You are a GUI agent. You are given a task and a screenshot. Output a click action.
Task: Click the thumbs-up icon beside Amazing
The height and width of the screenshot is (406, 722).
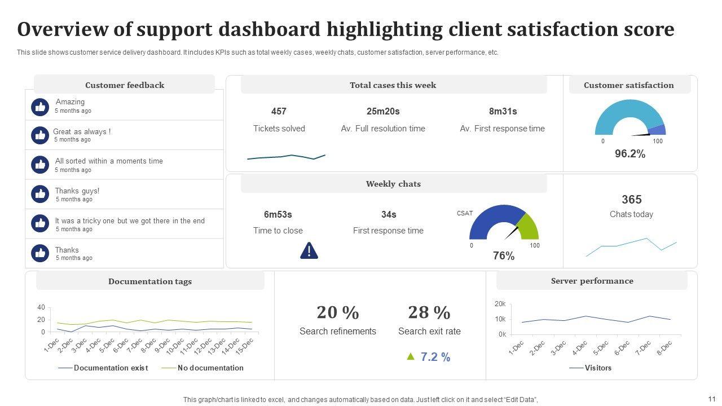[x=40, y=107]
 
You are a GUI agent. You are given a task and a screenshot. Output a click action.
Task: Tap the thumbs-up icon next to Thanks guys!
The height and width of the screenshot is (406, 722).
[x=40, y=194]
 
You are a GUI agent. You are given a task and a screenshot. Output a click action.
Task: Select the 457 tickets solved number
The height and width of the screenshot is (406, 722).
[x=279, y=112]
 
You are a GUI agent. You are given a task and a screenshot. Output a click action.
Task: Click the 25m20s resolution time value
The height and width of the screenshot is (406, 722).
[x=383, y=112]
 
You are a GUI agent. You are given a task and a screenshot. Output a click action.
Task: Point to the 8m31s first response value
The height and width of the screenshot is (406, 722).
[x=503, y=112]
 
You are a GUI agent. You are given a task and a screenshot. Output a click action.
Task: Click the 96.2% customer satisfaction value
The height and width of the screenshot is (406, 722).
[x=630, y=154]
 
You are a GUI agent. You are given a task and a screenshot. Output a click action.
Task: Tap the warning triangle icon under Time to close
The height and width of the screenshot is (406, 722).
[x=309, y=250]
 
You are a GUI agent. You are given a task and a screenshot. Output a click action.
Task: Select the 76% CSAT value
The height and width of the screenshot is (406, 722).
[x=504, y=256]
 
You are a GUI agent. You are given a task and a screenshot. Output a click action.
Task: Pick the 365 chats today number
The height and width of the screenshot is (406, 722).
[x=632, y=200]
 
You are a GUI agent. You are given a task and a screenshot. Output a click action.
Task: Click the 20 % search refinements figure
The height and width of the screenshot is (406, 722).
[x=338, y=312]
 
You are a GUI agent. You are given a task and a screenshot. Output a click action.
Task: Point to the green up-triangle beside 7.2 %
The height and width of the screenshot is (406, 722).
[x=411, y=356]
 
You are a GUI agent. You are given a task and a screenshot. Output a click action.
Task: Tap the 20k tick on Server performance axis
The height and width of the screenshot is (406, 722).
[x=500, y=304]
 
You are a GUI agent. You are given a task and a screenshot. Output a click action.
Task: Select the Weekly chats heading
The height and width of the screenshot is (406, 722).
[x=393, y=184]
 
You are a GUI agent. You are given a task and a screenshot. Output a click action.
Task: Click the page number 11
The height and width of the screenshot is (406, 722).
[x=711, y=398]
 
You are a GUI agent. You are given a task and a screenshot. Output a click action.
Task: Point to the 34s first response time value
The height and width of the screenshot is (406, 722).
[x=389, y=215]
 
